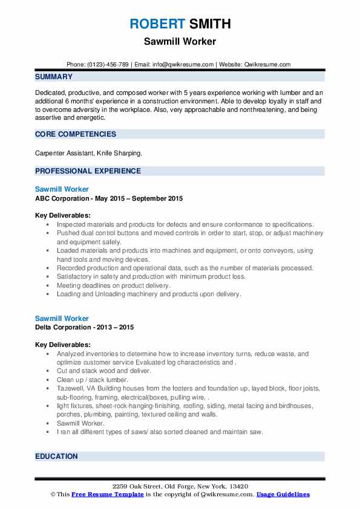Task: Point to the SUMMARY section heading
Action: (x=54, y=77)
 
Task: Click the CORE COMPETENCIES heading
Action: (x=76, y=134)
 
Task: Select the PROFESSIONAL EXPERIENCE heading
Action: (x=88, y=171)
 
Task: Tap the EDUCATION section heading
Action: (x=56, y=456)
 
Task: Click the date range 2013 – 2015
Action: (x=117, y=327)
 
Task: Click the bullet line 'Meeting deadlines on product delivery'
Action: (x=114, y=285)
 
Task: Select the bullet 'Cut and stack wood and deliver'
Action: (x=103, y=371)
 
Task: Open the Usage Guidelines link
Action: (x=283, y=494)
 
